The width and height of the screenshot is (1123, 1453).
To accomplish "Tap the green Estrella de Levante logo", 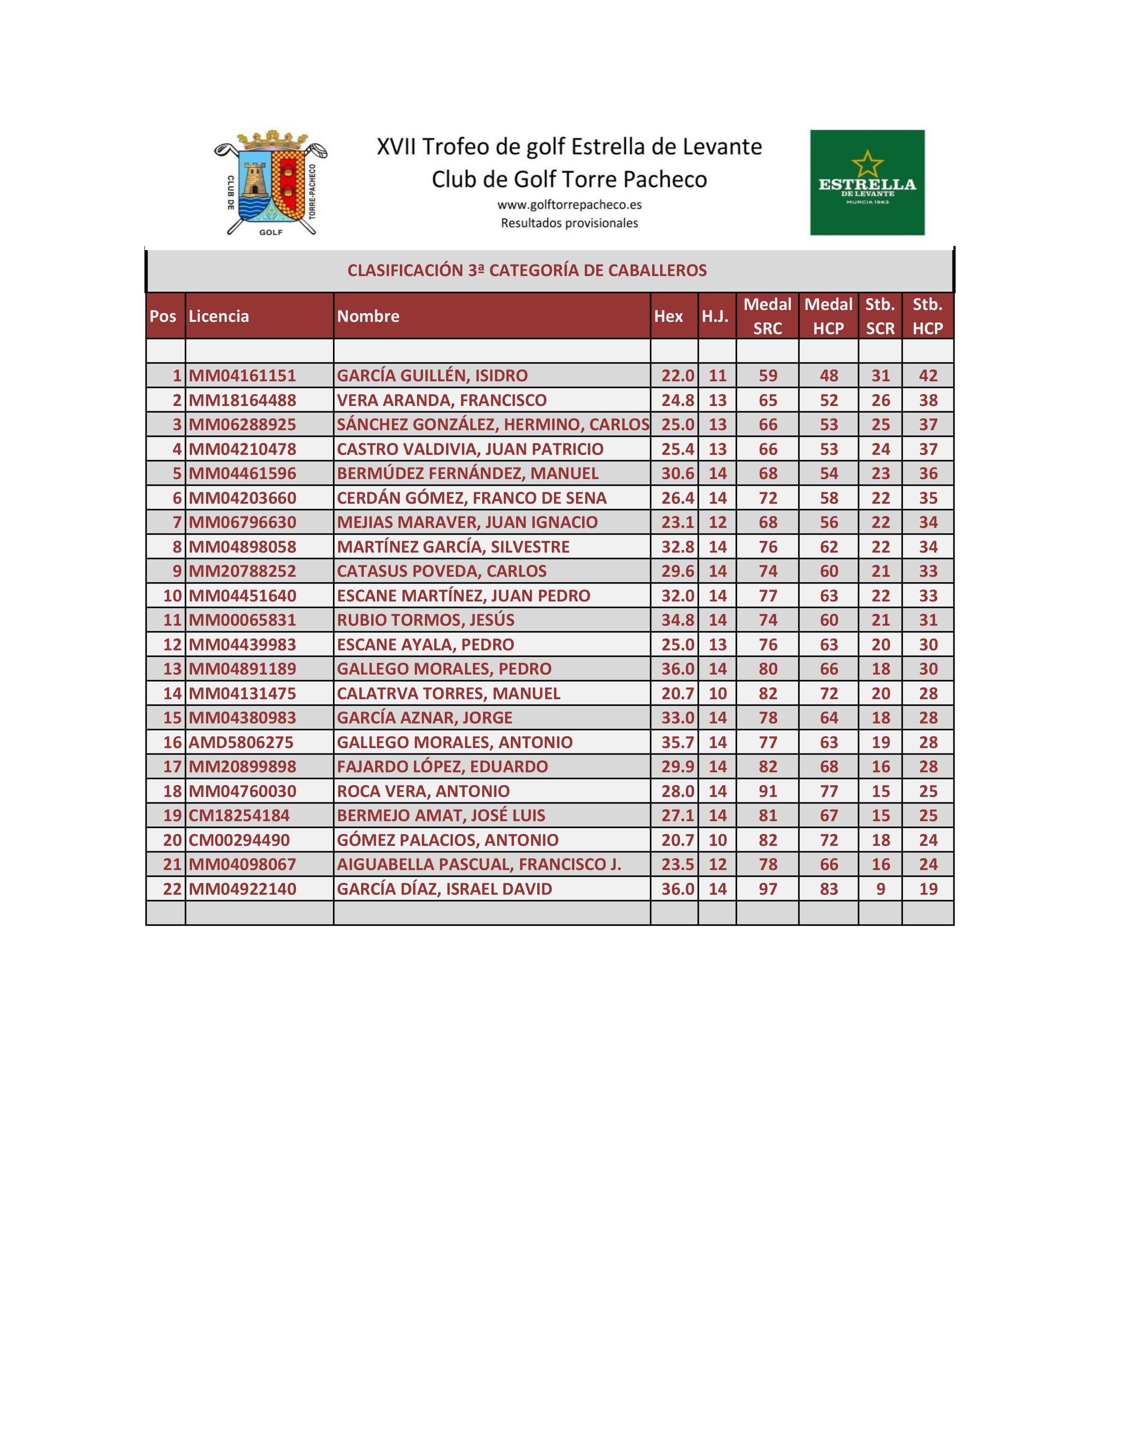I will pos(867,182).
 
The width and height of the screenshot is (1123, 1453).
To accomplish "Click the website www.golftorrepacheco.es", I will pos(569,205).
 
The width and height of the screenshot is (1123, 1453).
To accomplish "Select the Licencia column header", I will pos(219,316).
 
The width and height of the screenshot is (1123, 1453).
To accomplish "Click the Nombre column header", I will pos(368,316).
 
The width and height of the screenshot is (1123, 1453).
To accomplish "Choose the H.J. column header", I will pos(715,316).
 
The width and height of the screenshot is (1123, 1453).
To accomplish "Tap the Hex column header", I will pos(668,316).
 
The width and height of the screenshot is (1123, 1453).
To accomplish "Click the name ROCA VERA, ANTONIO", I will pos(423,791).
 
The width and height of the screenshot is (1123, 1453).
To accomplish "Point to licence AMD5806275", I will pos(241,742).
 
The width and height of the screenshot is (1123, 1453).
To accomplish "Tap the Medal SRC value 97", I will pos(768,889).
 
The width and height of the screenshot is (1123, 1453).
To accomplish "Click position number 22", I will pos(172,889).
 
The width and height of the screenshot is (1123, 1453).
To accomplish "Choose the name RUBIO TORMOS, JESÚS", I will pos(425,620).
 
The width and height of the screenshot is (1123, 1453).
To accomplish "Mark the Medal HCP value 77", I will pos(829,791).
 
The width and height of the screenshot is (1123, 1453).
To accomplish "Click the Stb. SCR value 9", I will pos(880,889).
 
